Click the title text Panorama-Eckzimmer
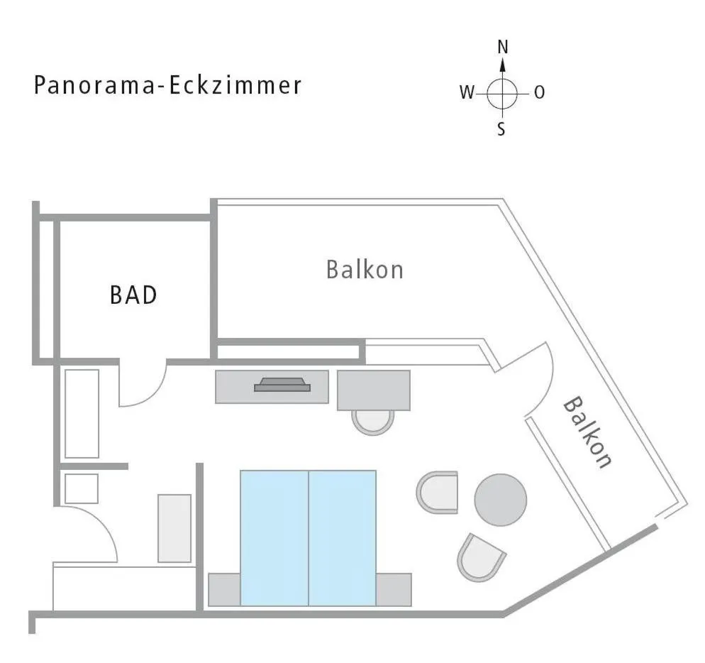(x=168, y=86)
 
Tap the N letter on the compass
(x=503, y=48)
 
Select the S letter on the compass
(x=501, y=131)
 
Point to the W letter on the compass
(x=466, y=92)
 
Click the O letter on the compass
(x=540, y=92)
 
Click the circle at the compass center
(x=503, y=92)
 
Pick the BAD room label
(x=133, y=295)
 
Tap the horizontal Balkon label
(x=365, y=270)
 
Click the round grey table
(x=501, y=500)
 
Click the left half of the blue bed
(x=274, y=537)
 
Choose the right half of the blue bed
(x=342, y=537)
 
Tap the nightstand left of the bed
(x=224, y=589)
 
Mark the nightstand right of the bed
(x=394, y=589)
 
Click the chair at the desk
(x=373, y=422)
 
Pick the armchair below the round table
(x=482, y=557)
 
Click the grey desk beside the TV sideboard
(x=374, y=390)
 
